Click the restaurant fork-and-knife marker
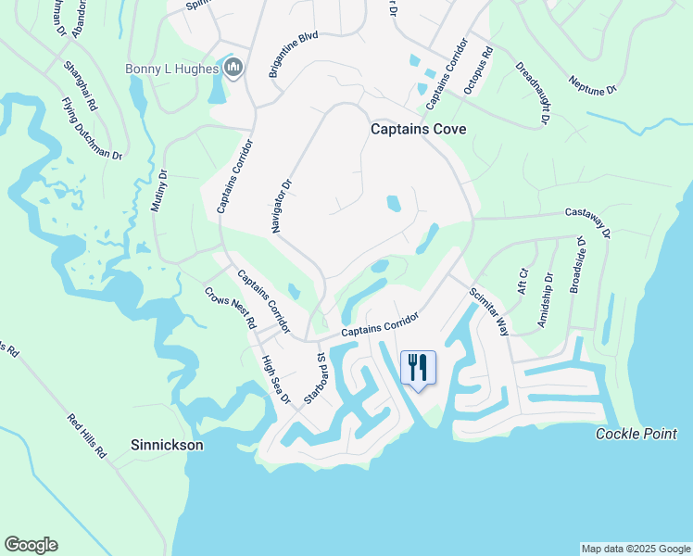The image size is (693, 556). point(418,367)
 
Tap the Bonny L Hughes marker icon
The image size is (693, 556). point(233,68)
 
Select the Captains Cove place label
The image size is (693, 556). point(418,130)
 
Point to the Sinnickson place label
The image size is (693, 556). point(167,445)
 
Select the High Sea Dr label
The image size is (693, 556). point(276,380)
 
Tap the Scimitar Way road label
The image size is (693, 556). point(489,310)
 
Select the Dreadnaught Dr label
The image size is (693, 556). point(533,94)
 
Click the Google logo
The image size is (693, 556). point(31,545)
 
